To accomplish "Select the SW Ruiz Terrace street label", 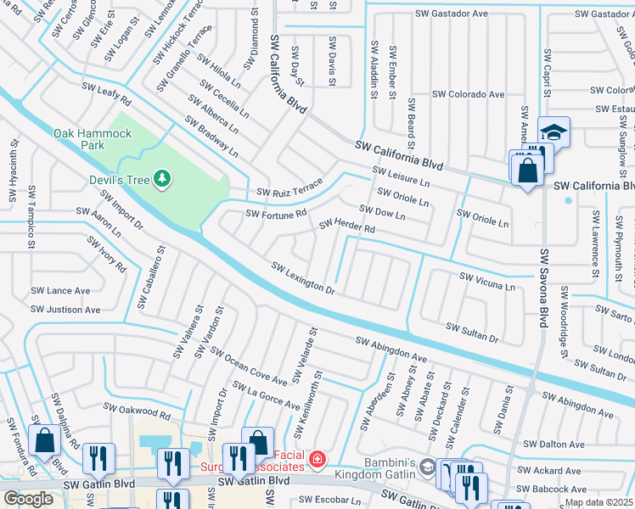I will tap(284, 187).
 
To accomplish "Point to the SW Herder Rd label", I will tap(346, 227).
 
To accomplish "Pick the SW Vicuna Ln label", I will tap(486, 281).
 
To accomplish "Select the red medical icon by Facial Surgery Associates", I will tap(317, 460).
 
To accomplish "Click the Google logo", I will tap(28, 498).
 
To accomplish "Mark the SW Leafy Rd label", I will tap(106, 92).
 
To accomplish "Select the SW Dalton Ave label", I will tap(554, 444).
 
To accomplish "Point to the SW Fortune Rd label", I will tap(275, 214).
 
